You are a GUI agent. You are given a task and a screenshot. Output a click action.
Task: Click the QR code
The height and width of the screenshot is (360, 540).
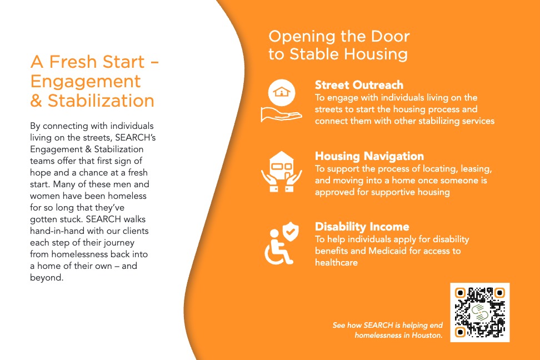[x=480, y=312]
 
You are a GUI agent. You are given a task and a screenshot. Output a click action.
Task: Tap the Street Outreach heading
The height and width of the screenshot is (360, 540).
[x=359, y=85]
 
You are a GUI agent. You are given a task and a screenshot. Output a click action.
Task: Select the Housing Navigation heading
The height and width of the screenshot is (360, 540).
[x=369, y=156]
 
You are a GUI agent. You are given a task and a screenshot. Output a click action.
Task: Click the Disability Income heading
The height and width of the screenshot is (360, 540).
[x=362, y=227]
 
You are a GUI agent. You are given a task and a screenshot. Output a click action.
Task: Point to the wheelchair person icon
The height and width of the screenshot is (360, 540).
[x=277, y=247]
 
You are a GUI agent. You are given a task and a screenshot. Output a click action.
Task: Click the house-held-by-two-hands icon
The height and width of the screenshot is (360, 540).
[x=281, y=172]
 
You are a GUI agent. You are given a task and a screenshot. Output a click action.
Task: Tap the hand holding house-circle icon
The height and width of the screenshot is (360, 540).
[x=281, y=101]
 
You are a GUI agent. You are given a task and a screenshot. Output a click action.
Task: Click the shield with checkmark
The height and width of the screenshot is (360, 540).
[x=291, y=231]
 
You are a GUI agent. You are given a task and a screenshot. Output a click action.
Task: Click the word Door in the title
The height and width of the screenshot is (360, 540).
[x=390, y=37]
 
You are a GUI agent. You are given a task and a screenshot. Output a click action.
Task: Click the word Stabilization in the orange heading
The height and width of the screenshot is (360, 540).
[x=101, y=101]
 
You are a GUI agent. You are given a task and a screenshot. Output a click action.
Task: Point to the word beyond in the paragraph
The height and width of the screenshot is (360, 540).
[x=47, y=278]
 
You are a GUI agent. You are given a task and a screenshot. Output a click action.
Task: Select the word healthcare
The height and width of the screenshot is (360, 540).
[x=336, y=263]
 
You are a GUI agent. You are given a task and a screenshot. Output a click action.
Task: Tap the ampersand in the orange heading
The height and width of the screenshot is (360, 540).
[x=36, y=101]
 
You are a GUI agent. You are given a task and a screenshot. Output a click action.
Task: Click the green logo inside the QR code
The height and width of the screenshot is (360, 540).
[x=479, y=312]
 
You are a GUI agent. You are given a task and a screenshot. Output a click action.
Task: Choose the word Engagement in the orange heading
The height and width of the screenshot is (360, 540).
[x=86, y=82]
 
